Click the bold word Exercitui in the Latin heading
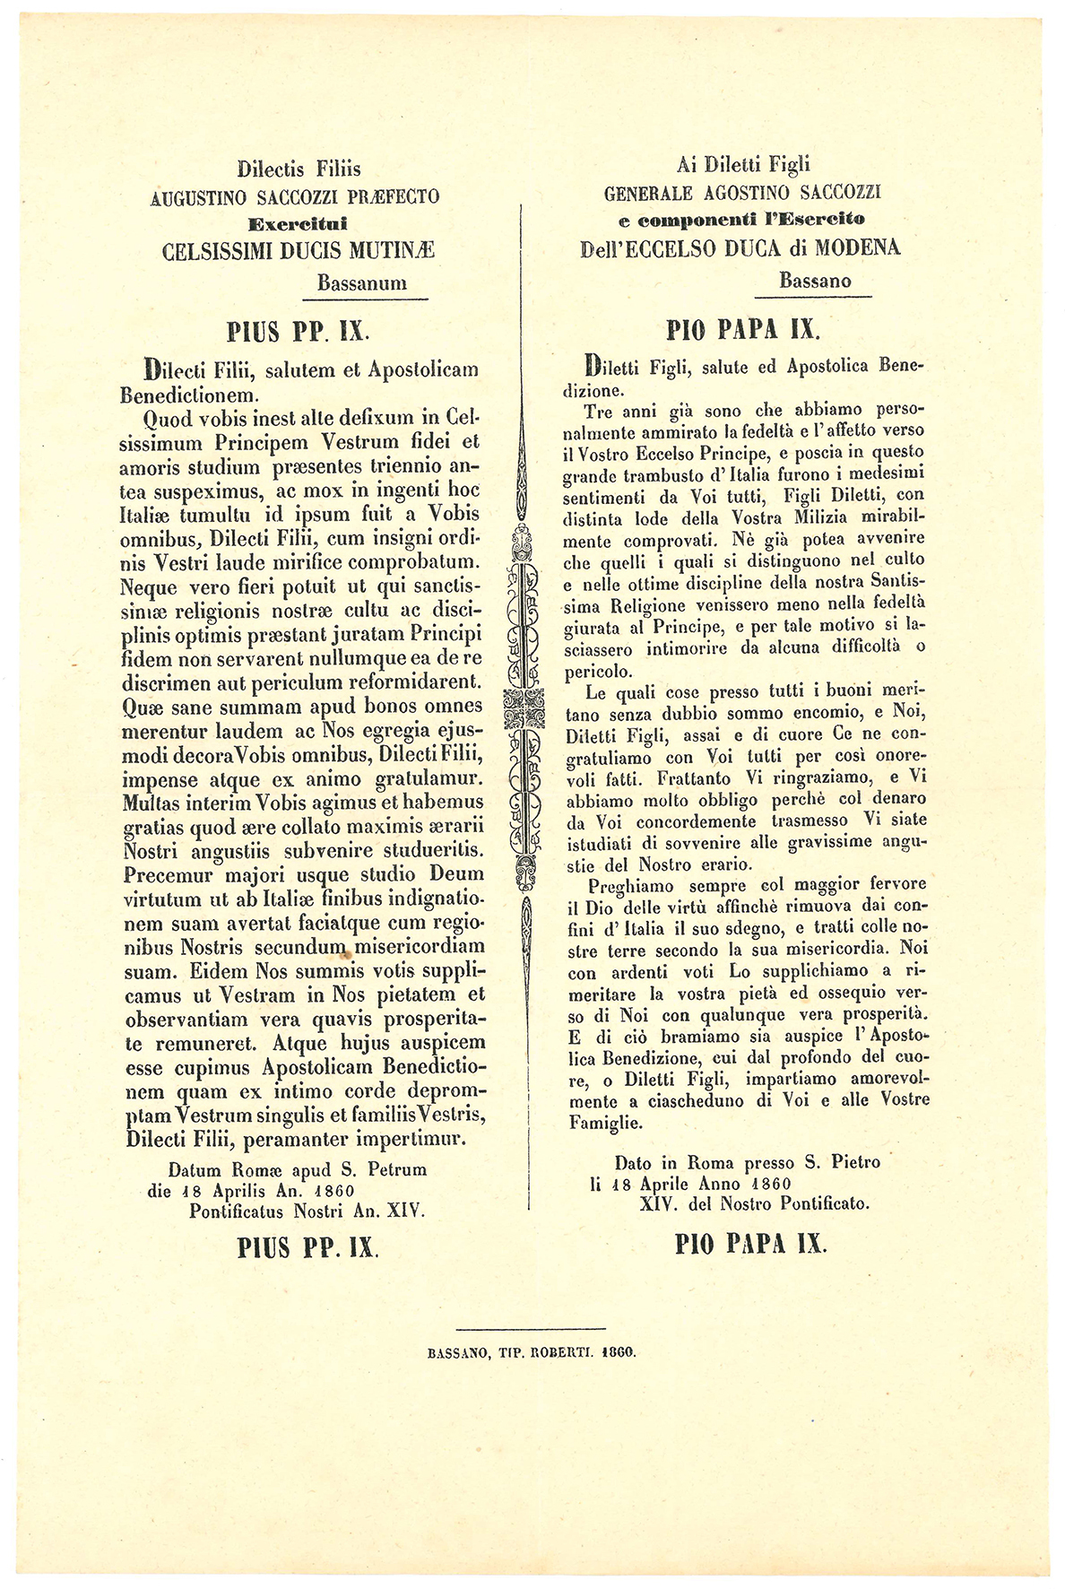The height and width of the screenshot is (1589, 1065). point(298,223)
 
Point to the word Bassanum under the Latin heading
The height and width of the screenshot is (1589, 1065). point(361,283)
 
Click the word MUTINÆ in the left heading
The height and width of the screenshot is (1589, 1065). point(394,252)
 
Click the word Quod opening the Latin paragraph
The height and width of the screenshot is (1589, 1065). point(169,418)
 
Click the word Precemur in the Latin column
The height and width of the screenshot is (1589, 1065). point(169,874)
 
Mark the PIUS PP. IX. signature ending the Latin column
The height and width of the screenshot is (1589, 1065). point(307,1247)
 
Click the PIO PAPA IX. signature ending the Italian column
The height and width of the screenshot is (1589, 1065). point(750,1244)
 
